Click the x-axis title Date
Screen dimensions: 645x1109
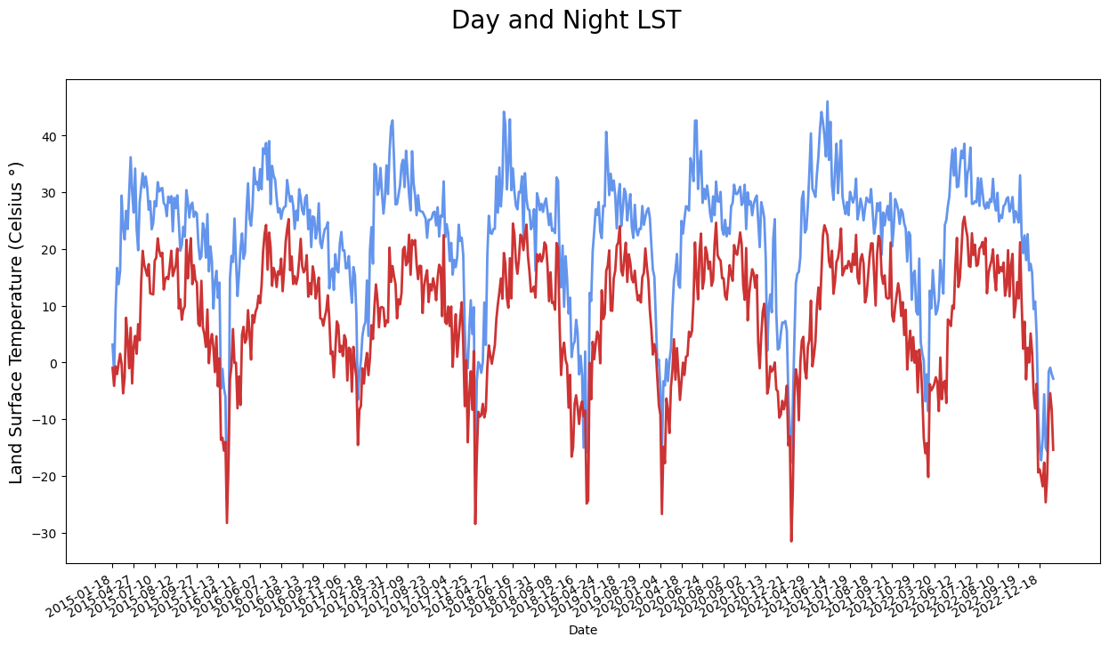click(583, 630)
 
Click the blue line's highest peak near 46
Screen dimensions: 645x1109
click(827, 101)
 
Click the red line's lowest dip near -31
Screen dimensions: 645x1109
click(791, 541)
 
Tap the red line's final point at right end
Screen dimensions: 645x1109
click(1053, 449)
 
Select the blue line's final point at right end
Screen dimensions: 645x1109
click(1053, 379)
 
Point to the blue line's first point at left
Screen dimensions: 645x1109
click(112, 344)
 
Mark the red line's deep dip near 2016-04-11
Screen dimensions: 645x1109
click(227, 522)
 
